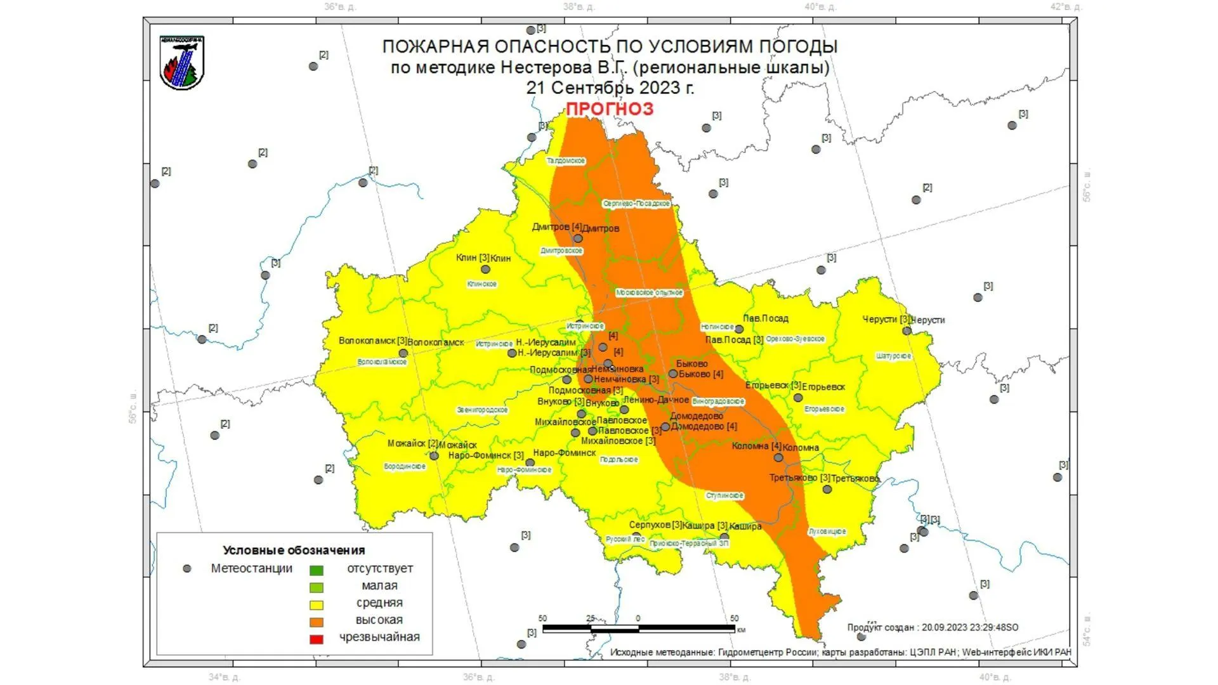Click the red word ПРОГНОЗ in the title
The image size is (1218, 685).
click(x=609, y=109)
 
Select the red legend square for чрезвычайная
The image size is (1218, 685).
click(x=316, y=639)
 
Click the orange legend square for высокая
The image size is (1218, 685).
click(x=316, y=622)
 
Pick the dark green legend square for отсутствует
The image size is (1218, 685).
click(x=316, y=570)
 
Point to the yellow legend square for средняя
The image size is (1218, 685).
click(x=316, y=604)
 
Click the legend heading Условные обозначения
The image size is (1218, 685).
click(x=294, y=550)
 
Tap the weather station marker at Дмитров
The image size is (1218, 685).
click(x=578, y=238)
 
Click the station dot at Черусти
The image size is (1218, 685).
click(x=907, y=330)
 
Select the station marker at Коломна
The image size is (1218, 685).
click(x=778, y=457)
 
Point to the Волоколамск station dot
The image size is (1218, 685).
click(x=403, y=353)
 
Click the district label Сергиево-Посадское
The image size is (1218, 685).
click(x=636, y=204)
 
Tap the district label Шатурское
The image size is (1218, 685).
click(x=893, y=356)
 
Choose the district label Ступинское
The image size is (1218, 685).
click(x=724, y=495)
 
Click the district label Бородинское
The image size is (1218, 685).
click(x=405, y=466)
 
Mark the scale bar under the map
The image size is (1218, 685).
click(x=639, y=629)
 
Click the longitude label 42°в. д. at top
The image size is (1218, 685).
click(x=1065, y=7)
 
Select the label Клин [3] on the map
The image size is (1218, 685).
click(x=473, y=258)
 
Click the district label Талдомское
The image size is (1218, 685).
click(x=566, y=160)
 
